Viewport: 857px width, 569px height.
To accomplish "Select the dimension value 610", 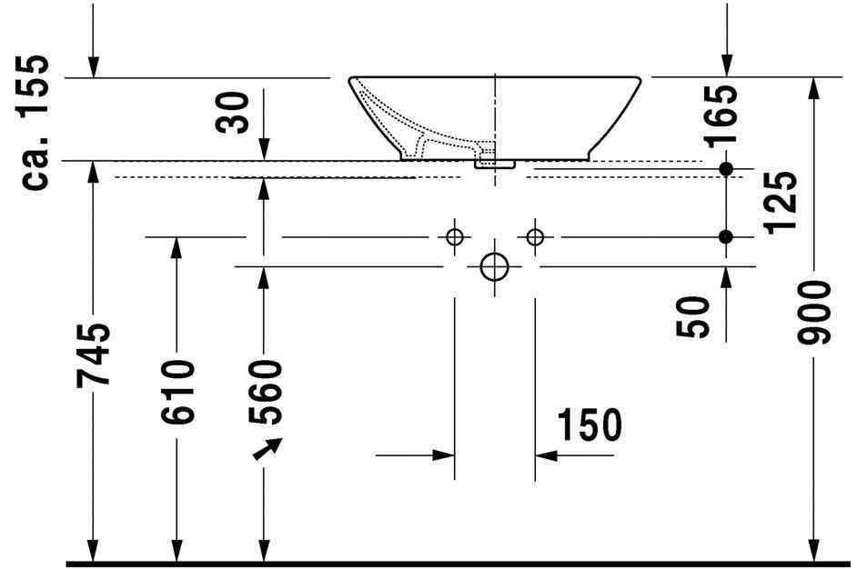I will click(x=177, y=393).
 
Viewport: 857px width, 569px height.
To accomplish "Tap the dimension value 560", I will click(x=266, y=394).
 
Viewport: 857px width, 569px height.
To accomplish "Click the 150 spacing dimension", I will click(x=590, y=424).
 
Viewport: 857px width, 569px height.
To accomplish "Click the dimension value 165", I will click(x=723, y=116).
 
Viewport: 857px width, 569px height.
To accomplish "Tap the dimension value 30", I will click(x=237, y=111).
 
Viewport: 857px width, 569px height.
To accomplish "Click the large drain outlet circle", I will click(x=494, y=266).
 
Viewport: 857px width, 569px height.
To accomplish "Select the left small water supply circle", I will click(x=454, y=237).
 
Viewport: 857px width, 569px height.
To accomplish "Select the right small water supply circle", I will click(x=535, y=237).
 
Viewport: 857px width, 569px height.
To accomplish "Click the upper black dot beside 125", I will click(x=725, y=169).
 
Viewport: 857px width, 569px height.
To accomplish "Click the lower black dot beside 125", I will click(x=725, y=237).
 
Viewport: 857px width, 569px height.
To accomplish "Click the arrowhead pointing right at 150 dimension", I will click(x=447, y=454).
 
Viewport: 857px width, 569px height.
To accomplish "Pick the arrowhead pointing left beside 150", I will click(x=543, y=454).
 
